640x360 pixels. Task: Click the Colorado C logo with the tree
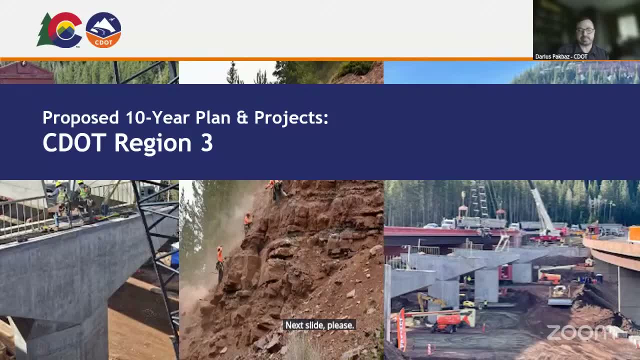pos(60,30)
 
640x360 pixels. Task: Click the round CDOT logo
pos(103,30)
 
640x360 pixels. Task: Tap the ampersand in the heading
pos(242,117)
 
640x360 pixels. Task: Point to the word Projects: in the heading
pos(291,117)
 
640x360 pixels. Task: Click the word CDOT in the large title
pos(74,143)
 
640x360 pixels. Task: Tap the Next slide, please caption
pos(319,325)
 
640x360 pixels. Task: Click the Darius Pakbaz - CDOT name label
pos(561,56)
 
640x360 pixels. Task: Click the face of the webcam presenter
pos(585,31)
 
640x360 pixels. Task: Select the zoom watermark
pos(580,332)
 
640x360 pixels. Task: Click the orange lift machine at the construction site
pos(447,321)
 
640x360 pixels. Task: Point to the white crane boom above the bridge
pos(540,205)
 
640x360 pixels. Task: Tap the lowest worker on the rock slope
pos(220,262)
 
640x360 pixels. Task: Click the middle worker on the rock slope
pos(247,221)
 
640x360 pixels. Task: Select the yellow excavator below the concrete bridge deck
pos(430,301)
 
